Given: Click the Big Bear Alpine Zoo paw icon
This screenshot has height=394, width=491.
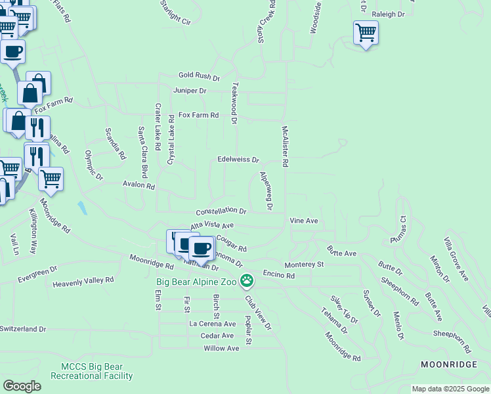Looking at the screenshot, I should click(x=247, y=281).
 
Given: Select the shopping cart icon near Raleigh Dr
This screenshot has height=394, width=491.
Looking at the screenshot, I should click(x=365, y=32).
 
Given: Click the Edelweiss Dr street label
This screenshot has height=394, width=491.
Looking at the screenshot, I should click(x=238, y=160).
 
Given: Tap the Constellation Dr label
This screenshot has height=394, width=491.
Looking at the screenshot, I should click(x=221, y=211).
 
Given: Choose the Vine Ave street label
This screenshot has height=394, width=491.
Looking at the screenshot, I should click(x=304, y=221).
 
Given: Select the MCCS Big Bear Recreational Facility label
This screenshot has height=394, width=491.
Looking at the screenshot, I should click(x=96, y=372).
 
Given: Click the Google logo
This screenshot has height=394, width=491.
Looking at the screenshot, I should click(x=22, y=386).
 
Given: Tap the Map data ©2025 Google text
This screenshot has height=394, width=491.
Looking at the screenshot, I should click(x=450, y=389).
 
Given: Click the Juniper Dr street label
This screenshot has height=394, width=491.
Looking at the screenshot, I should click(x=190, y=91).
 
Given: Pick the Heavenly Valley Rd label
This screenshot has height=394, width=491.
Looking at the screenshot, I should click(x=83, y=280).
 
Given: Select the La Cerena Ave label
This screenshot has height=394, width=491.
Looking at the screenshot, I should click(x=212, y=324).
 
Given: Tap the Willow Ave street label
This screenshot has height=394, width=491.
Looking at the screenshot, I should click(x=221, y=348).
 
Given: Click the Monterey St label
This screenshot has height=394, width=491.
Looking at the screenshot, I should click(x=304, y=264).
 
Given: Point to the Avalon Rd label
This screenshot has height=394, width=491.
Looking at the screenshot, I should click(x=138, y=186).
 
